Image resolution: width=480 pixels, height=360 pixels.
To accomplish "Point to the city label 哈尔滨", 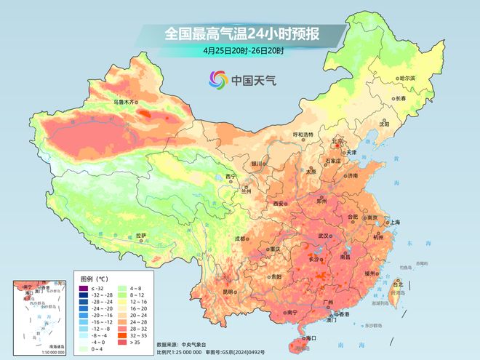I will coord(407,78).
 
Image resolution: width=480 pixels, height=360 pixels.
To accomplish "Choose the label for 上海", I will coord(395,222).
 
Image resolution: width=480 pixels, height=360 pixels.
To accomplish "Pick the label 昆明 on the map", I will coord(230,292).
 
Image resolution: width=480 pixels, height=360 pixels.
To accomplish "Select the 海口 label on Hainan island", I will coord(311,338).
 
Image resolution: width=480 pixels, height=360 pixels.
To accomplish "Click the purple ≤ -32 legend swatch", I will coord(84,289).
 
